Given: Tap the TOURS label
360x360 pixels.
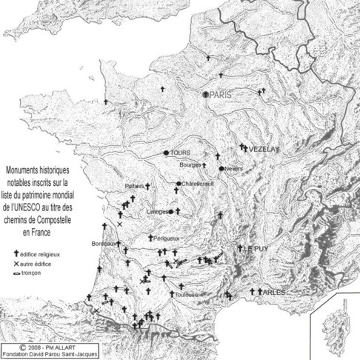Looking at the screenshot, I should click(x=181, y=153).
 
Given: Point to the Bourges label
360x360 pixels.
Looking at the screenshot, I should click(x=191, y=164).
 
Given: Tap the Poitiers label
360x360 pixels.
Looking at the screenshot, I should click(x=133, y=186).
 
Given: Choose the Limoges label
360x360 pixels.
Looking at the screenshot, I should click(x=159, y=211).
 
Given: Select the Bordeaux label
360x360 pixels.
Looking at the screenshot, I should click(x=103, y=243).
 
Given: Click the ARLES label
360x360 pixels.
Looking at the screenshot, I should click(x=273, y=293).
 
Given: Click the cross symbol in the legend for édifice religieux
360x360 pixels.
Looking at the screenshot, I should click(x=16, y=253).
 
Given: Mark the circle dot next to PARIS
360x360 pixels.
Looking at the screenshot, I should click(x=207, y=94).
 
